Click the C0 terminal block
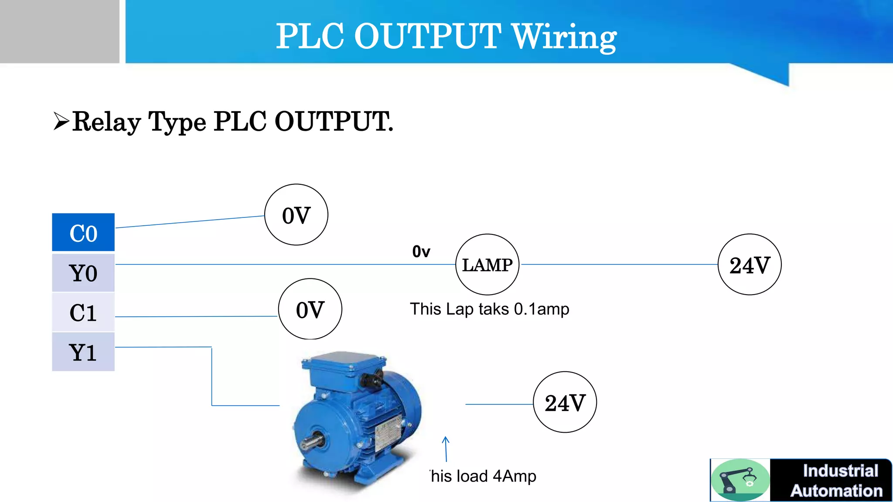[x=83, y=232]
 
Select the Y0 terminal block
[x=83, y=273]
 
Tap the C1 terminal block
[x=83, y=312]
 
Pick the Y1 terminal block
[x=83, y=352]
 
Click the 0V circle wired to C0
[x=296, y=215]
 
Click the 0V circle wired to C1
[x=310, y=309]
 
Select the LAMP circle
[x=487, y=265]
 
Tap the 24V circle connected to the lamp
[x=749, y=265]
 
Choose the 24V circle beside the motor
[x=565, y=402]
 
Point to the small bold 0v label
[x=421, y=251]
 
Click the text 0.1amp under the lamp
[x=541, y=309]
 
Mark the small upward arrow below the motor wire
[x=446, y=448]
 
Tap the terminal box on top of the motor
[x=344, y=366]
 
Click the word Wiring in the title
[x=564, y=37]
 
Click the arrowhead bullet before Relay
[x=61, y=121]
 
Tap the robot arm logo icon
[x=740, y=480]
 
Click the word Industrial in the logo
[x=840, y=471]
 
